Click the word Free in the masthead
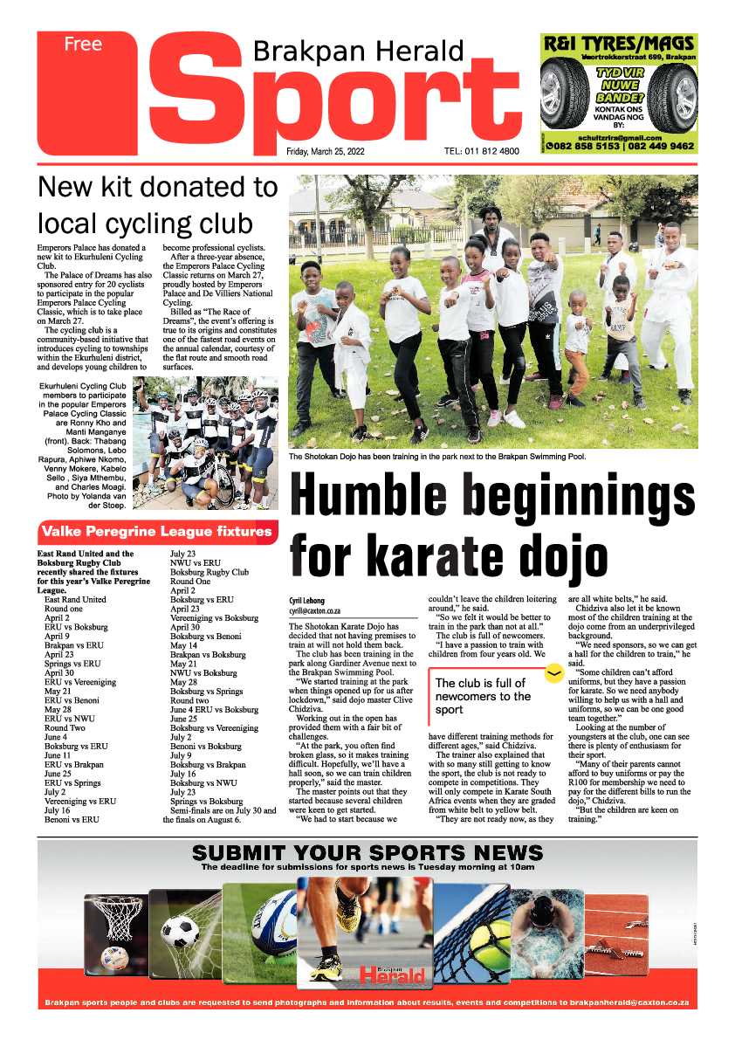click(x=82, y=45)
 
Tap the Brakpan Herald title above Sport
click(x=358, y=52)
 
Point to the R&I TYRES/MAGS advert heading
click(x=619, y=43)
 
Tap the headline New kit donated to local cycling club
click(x=158, y=203)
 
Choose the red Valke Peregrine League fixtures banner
click(x=158, y=531)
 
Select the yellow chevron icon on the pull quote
click(x=552, y=673)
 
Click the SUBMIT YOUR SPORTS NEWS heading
click(x=367, y=854)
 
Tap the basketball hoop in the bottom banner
click(x=115, y=917)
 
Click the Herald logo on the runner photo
click(x=393, y=974)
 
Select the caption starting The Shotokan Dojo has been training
click(x=436, y=456)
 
